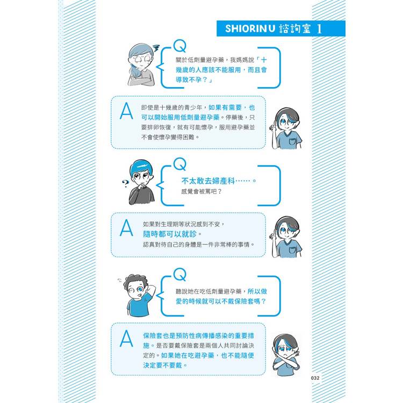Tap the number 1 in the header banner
(x=319, y=29)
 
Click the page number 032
(x=315, y=378)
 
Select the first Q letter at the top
(x=179, y=46)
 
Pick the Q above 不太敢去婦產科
(x=179, y=164)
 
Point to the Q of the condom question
(x=179, y=274)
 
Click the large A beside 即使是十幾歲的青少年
(x=126, y=111)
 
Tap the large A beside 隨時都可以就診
(x=126, y=227)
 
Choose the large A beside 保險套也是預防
(x=126, y=338)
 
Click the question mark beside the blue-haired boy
(x=125, y=183)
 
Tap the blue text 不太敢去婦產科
(x=208, y=181)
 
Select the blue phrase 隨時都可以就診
(x=170, y=234)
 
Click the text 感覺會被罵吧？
(x=201, y=191)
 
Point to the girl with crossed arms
(x=141, y=64)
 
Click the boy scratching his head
(x=138, y=295)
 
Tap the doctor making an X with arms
(x=286, y=355)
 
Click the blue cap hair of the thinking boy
(x=141, y=167)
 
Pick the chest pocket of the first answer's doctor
(x=292, y=142)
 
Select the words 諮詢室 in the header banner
(x=295, y=28)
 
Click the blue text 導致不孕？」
(x=195, y=80)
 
